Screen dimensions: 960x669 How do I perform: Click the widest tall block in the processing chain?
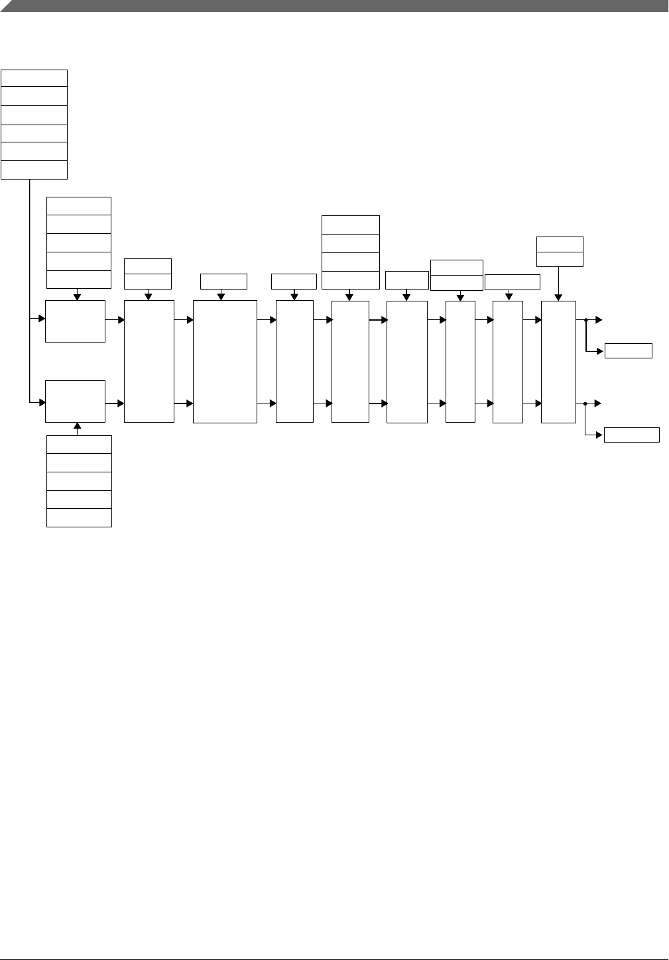225,361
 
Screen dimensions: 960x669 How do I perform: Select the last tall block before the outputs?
558,361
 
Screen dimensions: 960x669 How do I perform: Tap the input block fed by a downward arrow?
75,321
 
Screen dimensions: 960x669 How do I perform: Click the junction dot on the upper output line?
586,320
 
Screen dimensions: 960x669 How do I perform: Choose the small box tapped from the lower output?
631,435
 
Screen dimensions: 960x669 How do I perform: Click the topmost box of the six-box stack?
34,78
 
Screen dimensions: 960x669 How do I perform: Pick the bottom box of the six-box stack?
34,170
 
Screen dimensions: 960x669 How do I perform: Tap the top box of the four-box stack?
350,225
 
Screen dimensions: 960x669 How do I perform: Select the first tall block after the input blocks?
149,361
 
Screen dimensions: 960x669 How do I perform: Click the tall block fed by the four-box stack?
350,361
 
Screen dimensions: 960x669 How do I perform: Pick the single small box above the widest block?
223,281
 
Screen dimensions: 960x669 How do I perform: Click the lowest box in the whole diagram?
79,517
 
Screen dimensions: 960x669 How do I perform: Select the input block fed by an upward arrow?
75,401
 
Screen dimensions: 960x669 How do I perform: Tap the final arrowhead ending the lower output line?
598,403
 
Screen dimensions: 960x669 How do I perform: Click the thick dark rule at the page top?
334,5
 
